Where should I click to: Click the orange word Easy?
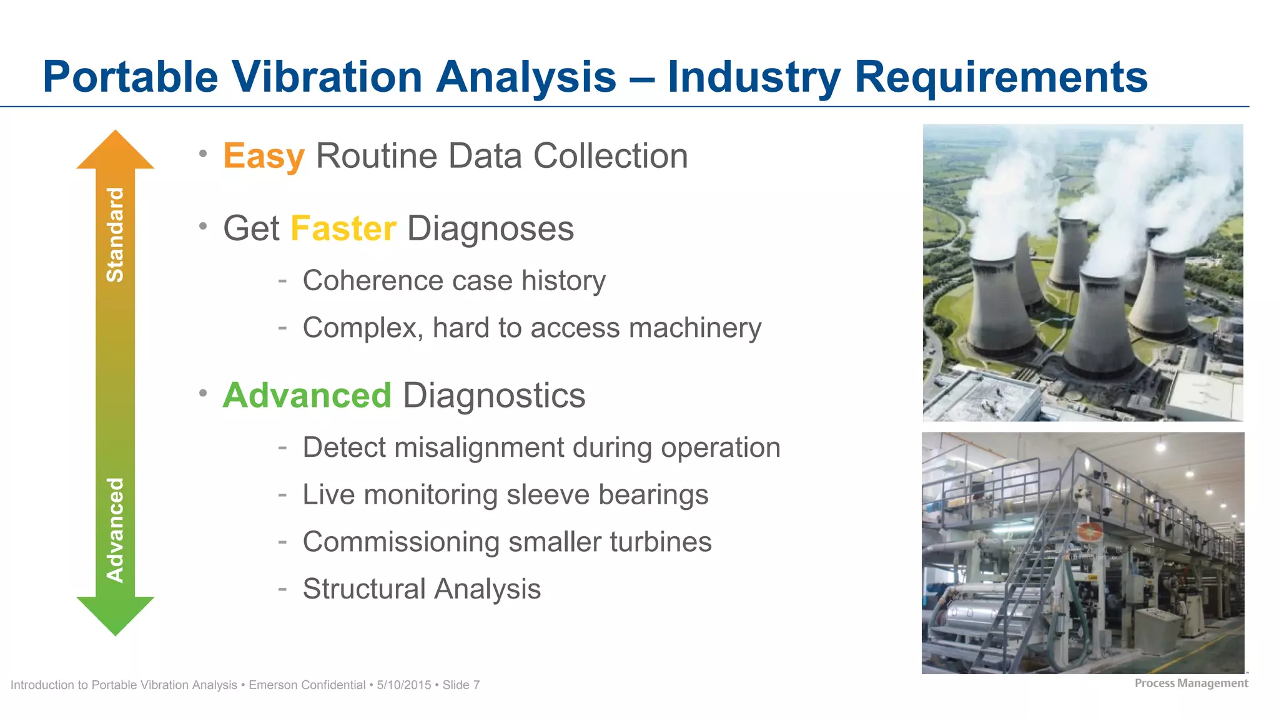tap(264, 156)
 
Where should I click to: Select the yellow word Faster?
tap(343, 228)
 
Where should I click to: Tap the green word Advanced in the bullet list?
tap(307, 396)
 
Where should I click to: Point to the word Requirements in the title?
tap(1000, 77)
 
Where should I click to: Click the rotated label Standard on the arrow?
tap(115, 235)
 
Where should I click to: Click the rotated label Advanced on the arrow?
tap(115, 530)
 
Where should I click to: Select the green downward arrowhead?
tap(115, 615)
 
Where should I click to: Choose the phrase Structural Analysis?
tap(422, 589)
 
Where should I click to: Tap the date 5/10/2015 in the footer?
tap(403, 685)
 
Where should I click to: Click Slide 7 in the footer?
tap(461, 685)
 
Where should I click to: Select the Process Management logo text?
tap(1190, 683)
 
